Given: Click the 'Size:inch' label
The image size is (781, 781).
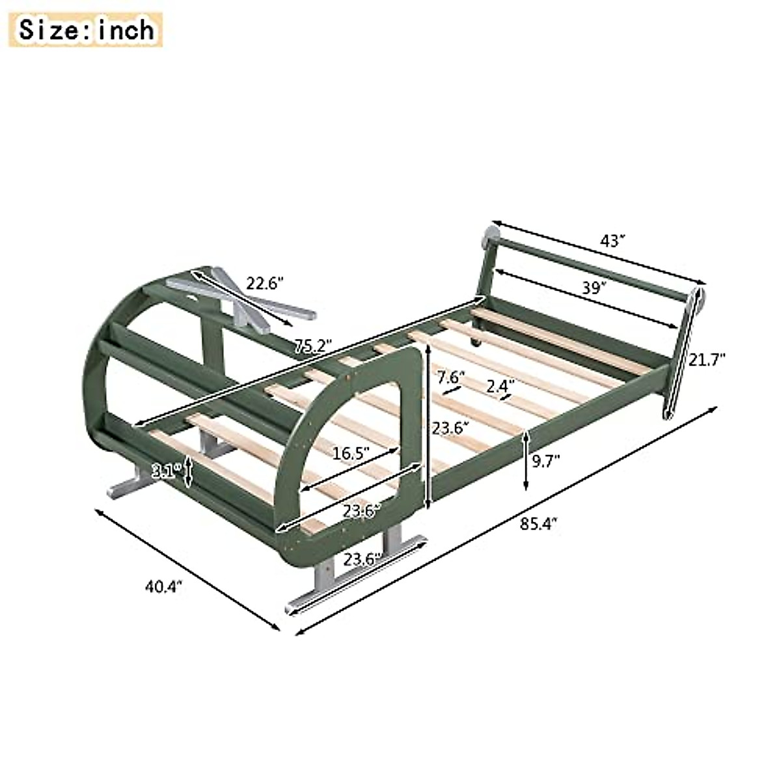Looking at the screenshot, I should [x=87, y=30].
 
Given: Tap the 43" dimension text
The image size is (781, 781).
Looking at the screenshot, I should [x=612, y=241].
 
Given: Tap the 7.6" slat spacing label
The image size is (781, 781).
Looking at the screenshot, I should [x=450, y=377].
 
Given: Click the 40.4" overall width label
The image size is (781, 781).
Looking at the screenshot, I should [x=163, y=586].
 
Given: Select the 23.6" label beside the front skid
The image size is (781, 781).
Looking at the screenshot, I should [x=363, y=559].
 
